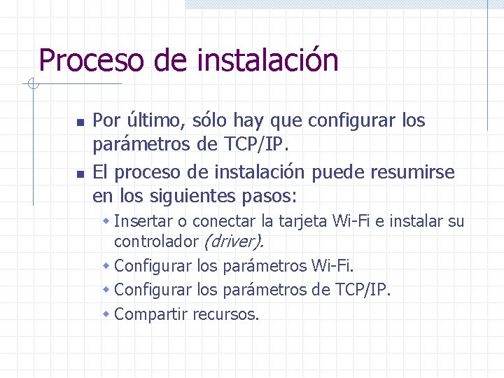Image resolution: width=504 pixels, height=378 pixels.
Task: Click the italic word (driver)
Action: pyautogui.click(x=233, y=242)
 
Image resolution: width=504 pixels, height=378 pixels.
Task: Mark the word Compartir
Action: pyautogui.click(x=150, y=314)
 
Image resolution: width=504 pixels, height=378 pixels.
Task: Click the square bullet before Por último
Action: pyautogui.click(x=80, y=122)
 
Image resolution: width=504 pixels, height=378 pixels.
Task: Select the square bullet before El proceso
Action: pyautogui.click(x=80, y=173)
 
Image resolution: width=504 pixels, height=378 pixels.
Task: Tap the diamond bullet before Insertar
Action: pyautogui.click(x=106, y=222)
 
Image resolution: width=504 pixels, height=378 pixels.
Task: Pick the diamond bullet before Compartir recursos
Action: pyautogui.click(x=106, y=314)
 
